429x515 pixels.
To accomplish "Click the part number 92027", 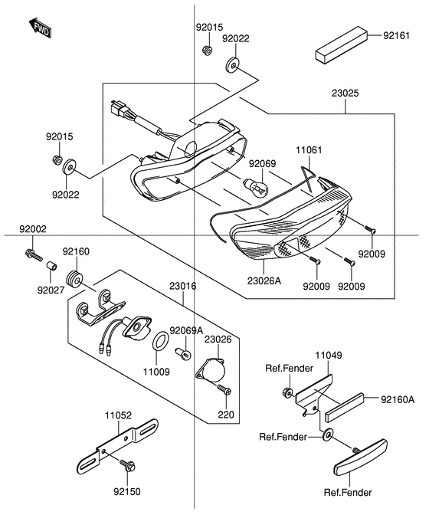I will coord(51,290).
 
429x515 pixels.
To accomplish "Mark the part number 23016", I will coord(183,286).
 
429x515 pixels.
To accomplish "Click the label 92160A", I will coord(399,399).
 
